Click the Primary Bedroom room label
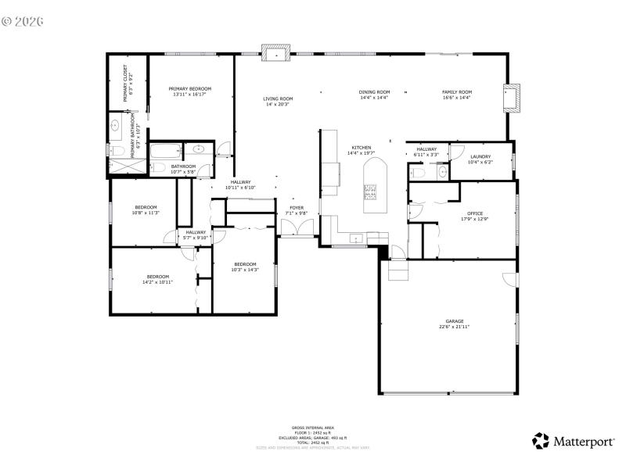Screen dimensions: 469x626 pos(190,89)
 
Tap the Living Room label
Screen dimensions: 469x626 pos(278,98)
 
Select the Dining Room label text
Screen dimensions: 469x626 pos(374,92)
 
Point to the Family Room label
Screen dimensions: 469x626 pos(457,92)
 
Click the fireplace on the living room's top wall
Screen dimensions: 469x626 pos(276,55)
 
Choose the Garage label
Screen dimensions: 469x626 pos(455,321)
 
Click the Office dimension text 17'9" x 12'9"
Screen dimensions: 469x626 pos(475,219)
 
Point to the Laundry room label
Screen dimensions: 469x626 pos(480,157)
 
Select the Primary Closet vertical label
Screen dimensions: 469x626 pos(125,85)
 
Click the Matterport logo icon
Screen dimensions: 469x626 pos(541,441)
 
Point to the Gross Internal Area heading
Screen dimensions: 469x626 pos(313,428)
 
